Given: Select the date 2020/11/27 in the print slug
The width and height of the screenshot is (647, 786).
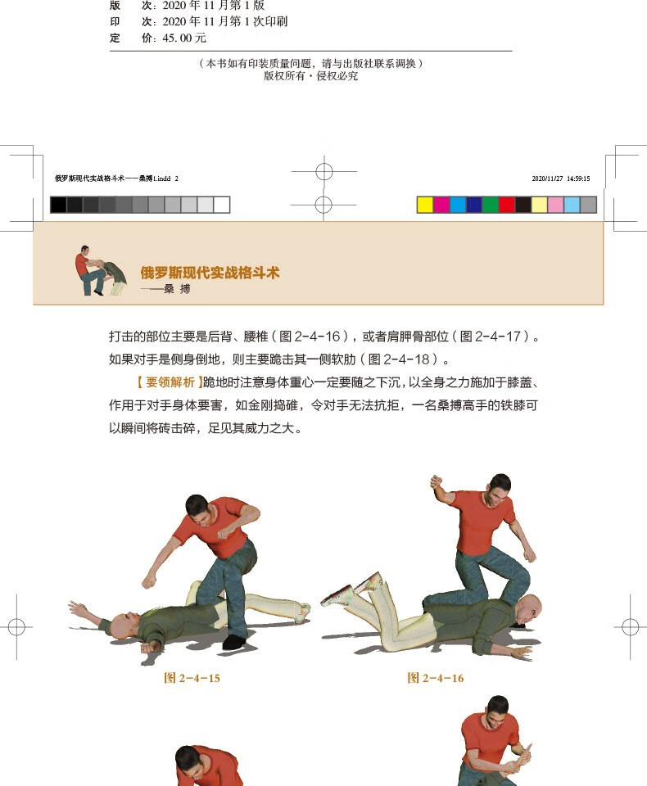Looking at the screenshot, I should tap(545, 178).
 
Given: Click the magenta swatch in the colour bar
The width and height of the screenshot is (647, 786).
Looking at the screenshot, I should tap(441, 205).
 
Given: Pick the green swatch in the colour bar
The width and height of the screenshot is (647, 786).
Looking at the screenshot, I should tap(490, 205).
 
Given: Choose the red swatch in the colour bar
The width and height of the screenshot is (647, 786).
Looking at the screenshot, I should tap(506, 205).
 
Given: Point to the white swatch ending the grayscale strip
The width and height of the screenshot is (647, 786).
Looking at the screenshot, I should tap(222, 205).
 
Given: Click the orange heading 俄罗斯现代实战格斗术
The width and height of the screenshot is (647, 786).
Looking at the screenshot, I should tap(210, 273).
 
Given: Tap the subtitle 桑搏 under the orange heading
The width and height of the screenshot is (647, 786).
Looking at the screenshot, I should tap(177, 289).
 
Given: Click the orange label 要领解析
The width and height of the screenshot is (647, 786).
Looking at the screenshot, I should tap(170, 382).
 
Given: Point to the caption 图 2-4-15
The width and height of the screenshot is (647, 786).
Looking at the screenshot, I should tap(192, 678).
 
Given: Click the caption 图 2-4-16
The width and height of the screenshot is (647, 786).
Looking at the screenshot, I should tap(435, 678).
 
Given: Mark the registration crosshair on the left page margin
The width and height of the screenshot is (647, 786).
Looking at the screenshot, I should tap(16, 627).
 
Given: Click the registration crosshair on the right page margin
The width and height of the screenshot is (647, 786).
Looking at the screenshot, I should tap(630, 627).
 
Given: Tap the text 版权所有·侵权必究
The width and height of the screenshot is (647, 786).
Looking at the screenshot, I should tap(310, 76).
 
